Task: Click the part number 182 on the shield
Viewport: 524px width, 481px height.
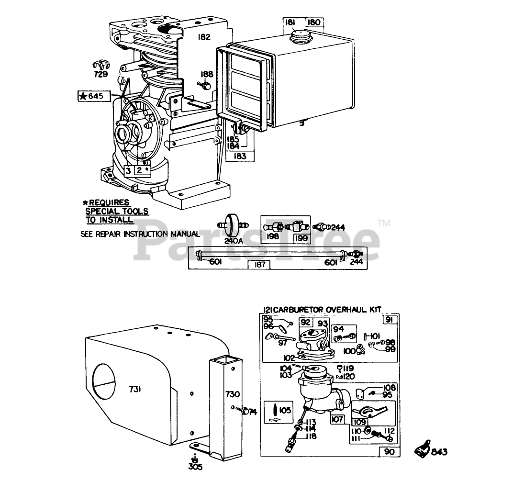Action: point(204,37)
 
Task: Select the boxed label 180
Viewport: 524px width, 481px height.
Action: point(313,22)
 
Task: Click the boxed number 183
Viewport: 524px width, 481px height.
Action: point(240,156)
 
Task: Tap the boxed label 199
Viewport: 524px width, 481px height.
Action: point(301,238)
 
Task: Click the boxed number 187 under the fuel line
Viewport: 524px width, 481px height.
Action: point(260,265)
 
